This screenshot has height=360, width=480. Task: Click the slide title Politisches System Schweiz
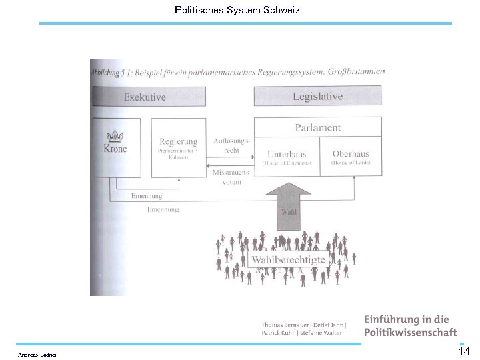237,10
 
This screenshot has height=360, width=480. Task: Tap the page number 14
464,351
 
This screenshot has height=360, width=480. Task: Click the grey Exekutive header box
145,97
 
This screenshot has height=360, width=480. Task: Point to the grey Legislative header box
317,97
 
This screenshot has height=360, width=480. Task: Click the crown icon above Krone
116,135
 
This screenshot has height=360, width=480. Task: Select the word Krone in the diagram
115,149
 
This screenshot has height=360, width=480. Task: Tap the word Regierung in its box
178,141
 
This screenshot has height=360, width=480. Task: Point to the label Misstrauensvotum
231,177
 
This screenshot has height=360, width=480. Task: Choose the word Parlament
317,127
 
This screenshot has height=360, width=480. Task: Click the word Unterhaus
287,154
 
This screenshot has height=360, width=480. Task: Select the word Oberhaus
351,154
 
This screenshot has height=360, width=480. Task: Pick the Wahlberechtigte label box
288,259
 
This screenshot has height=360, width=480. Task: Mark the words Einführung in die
406,319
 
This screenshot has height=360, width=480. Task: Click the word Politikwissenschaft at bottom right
410,331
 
